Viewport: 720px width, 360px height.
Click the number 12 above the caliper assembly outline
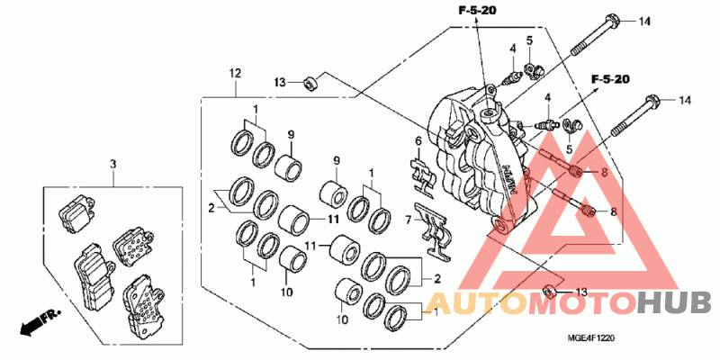click(x=235, y=73)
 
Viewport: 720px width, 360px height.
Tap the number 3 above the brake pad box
click(x=113, y=164)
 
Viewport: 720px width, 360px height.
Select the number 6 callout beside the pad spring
click(x=418, y=140)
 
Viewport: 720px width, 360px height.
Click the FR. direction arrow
click(x=40, y=321)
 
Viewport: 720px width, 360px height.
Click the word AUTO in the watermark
click(x=474, y=305)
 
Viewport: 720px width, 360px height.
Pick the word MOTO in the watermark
click(x=581, y=305)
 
